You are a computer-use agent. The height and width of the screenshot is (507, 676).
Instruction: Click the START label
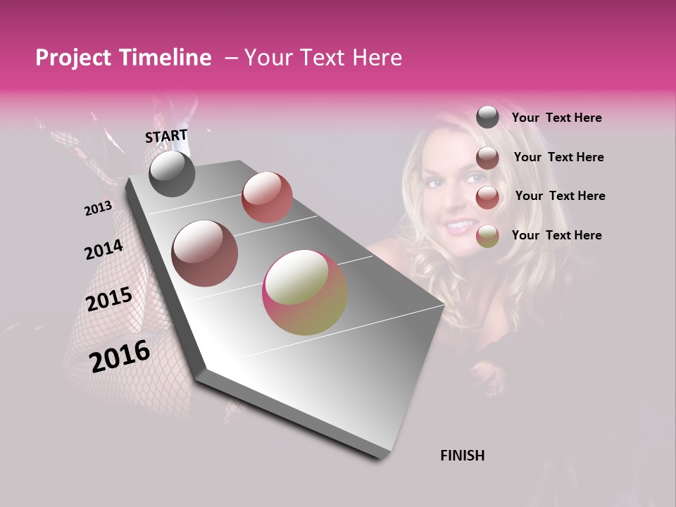pos(166,136)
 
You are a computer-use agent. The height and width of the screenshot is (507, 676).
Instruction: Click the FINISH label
pos(462,456)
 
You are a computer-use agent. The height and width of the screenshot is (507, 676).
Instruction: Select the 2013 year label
pos(99,208)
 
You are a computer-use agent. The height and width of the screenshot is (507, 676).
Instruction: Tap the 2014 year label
pos(104,249)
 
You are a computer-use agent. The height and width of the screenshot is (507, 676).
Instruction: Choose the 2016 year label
pos(120,356)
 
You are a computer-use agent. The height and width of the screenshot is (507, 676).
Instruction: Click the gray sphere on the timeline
pos(172,174)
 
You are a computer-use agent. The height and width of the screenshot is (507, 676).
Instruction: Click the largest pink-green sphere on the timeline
pos(305,292)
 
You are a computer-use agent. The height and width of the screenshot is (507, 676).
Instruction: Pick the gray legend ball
pos(487,117)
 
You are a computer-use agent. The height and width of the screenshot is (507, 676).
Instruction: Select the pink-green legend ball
pos(487,236)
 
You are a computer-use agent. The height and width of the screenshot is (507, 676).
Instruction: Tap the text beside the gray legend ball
pos(556,118)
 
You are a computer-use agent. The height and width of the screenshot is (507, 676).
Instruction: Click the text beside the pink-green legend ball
pos(556,235)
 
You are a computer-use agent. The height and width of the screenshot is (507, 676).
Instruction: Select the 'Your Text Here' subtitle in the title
pos(323,58)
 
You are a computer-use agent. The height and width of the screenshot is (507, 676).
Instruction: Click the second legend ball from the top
pos(487,158)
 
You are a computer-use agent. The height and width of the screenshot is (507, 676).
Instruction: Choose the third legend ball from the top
pos(487,197)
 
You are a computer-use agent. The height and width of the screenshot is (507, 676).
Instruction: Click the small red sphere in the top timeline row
pos(267,196)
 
